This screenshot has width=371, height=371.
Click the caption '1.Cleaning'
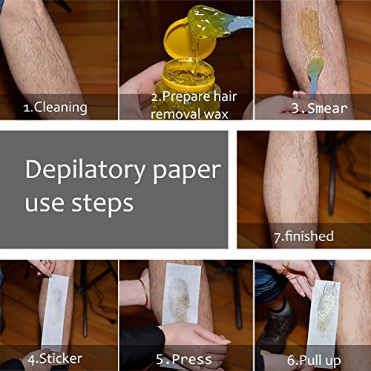(55, 107)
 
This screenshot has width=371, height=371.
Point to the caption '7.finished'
(304, 237)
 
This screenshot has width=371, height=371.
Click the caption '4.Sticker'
(55, 360)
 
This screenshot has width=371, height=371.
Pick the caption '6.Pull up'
(312, 360)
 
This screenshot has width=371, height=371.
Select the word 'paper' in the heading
(185, 171)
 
